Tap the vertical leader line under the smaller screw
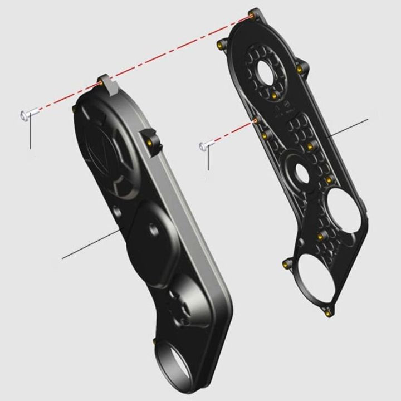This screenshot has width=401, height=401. pyautogui.click(x=208, y=160)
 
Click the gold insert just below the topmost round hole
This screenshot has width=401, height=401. pyautogui.click(x=274, y=96)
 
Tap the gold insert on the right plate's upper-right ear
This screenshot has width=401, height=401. pyautogui.click(x=299, y=69)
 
